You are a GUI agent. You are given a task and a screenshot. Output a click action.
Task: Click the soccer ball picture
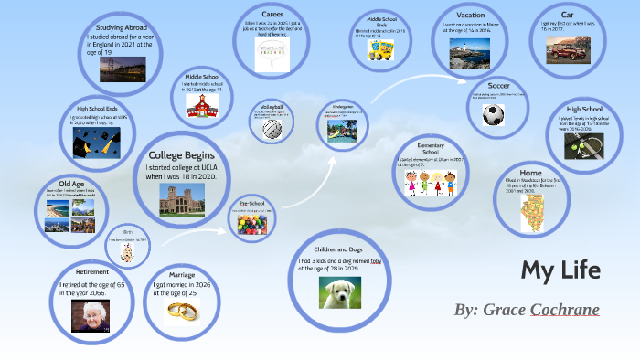pyautogui.click(x=494, y=115)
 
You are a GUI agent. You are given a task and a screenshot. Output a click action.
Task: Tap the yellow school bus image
pyautogui.click(x=380, y=50)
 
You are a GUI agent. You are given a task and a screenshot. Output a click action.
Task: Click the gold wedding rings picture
pyautogui.click(x=183, y=312)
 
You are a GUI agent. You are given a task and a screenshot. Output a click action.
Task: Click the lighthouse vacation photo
pyautogui.click(x=468, y=53)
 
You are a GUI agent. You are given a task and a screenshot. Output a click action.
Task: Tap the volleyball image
pyautogui.click(x=272, y=129)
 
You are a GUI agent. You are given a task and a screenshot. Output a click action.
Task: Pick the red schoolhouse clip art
pyautogui.click(x=200, y=104)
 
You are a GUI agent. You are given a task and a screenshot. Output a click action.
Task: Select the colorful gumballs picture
pyautogui.click(x=251, y=223)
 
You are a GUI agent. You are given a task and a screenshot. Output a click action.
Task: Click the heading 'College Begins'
pyautogui.click(x=182, y=154)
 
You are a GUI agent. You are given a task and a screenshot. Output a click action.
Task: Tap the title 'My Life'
pyautogui.click(x=560, y=270)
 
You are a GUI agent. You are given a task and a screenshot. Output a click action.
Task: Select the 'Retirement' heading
pyautogui.click(x=93, y=271)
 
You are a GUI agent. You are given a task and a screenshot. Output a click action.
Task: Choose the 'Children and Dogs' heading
pyautogui.click(x=337, y=249)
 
